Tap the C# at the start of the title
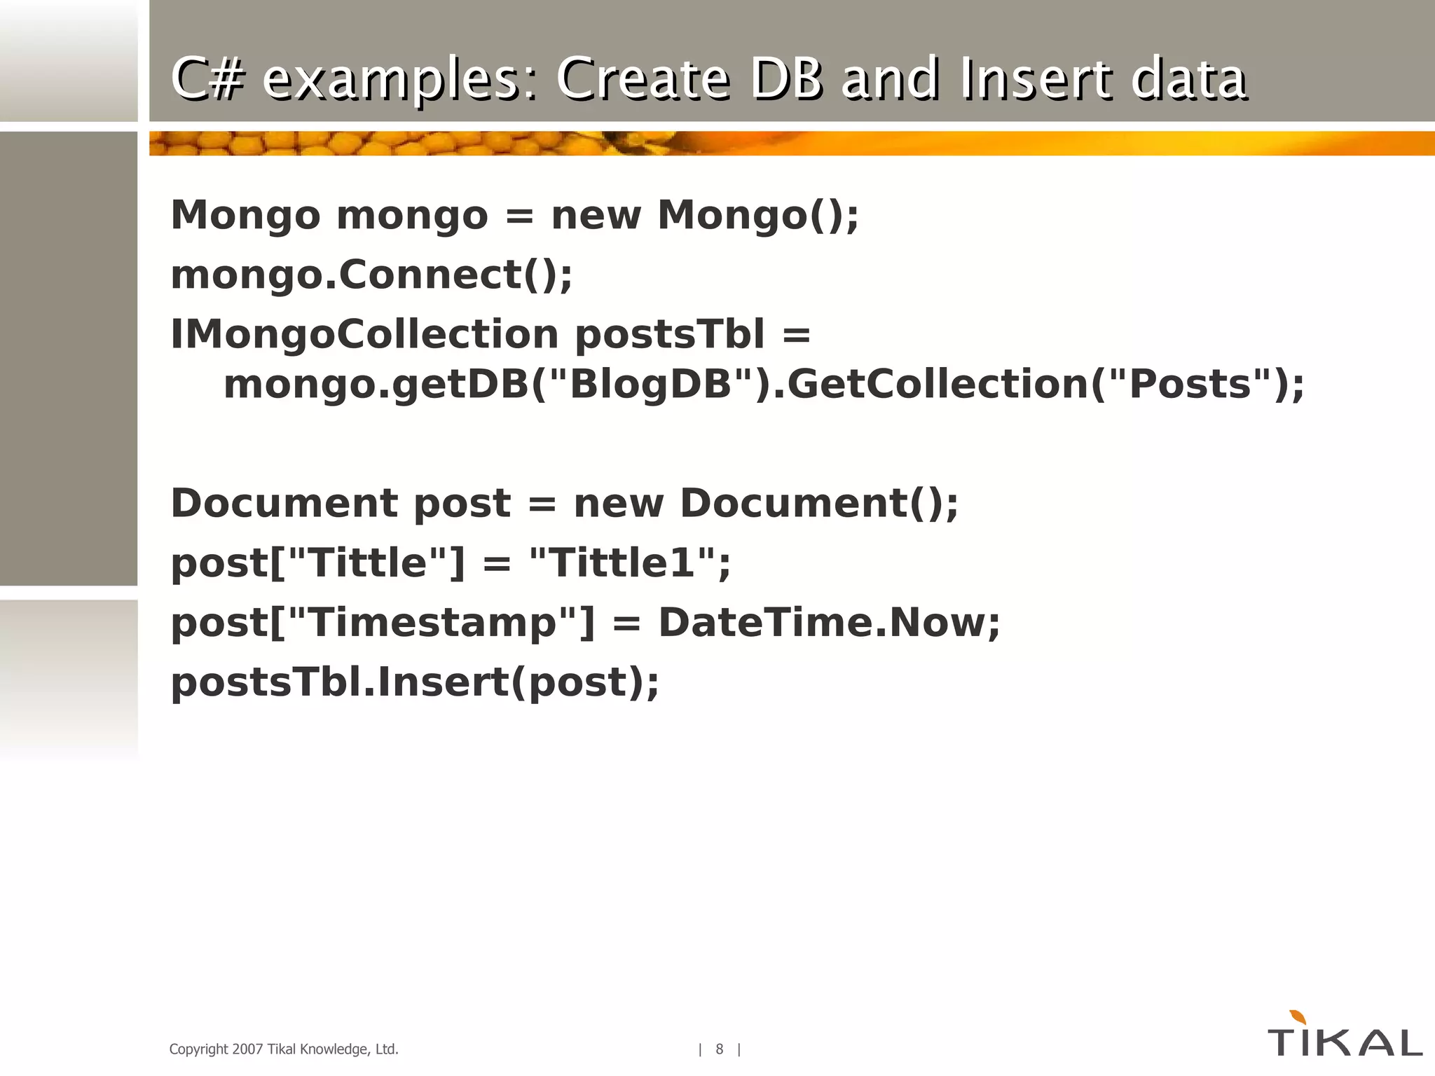pos(207,78)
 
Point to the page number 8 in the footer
pos(719,1049)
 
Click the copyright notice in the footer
pos(284,1049)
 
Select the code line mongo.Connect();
pos(371,274)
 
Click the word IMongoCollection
pos(364,333)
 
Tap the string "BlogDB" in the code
pos(650,384)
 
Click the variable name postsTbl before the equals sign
pos(669,333)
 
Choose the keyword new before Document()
pos(618,503)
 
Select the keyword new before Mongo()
pos(596,214)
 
